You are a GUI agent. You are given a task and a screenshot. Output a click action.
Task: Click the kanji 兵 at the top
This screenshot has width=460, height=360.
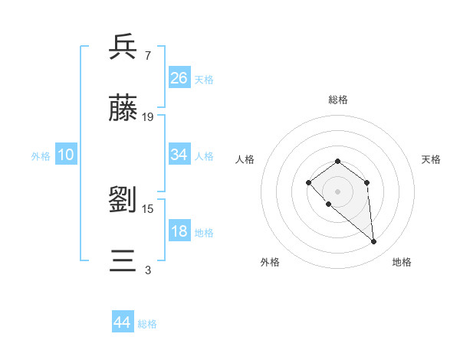(123, 47)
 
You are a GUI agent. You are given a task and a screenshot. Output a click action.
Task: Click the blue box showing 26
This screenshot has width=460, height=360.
(179, 77)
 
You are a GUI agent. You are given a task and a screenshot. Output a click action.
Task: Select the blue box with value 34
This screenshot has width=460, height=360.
(179, 155)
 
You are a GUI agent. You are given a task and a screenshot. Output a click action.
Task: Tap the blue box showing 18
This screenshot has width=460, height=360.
(179, 232)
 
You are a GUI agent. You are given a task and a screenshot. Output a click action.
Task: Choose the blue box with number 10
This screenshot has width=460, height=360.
(66, 155)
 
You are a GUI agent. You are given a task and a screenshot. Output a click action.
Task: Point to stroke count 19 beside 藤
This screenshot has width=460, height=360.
(148, 117)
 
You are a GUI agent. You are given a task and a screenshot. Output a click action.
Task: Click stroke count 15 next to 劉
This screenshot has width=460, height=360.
(148, 208)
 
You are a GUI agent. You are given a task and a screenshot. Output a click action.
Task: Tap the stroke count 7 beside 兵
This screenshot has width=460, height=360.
(147, 55)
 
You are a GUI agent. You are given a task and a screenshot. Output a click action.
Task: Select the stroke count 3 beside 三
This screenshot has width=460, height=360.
(147, 270)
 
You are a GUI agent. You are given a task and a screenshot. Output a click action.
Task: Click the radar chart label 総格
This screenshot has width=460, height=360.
(338, 100)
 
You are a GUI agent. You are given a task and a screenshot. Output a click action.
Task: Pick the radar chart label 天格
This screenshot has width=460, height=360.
(431, 159)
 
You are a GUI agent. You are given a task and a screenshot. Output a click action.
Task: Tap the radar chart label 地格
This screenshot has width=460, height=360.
(402, 262)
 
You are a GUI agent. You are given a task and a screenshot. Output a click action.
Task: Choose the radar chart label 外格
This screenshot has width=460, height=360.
(270, 262)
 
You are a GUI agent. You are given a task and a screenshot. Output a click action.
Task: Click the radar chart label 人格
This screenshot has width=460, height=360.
(245, 159)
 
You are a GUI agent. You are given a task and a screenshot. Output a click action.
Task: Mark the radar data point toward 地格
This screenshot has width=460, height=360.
(374, 242)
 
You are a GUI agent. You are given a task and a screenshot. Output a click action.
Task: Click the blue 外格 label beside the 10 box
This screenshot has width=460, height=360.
(41, 155)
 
